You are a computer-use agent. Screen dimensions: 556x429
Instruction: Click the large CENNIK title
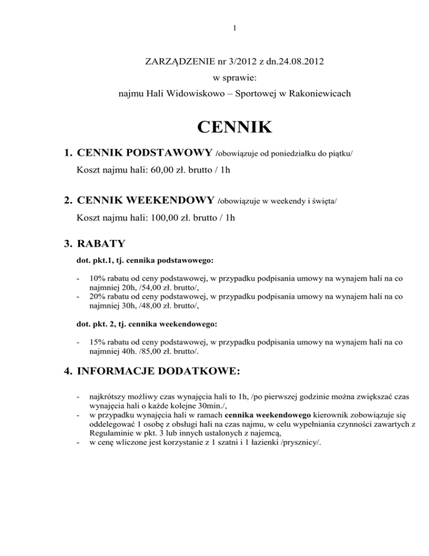coord(226,128)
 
